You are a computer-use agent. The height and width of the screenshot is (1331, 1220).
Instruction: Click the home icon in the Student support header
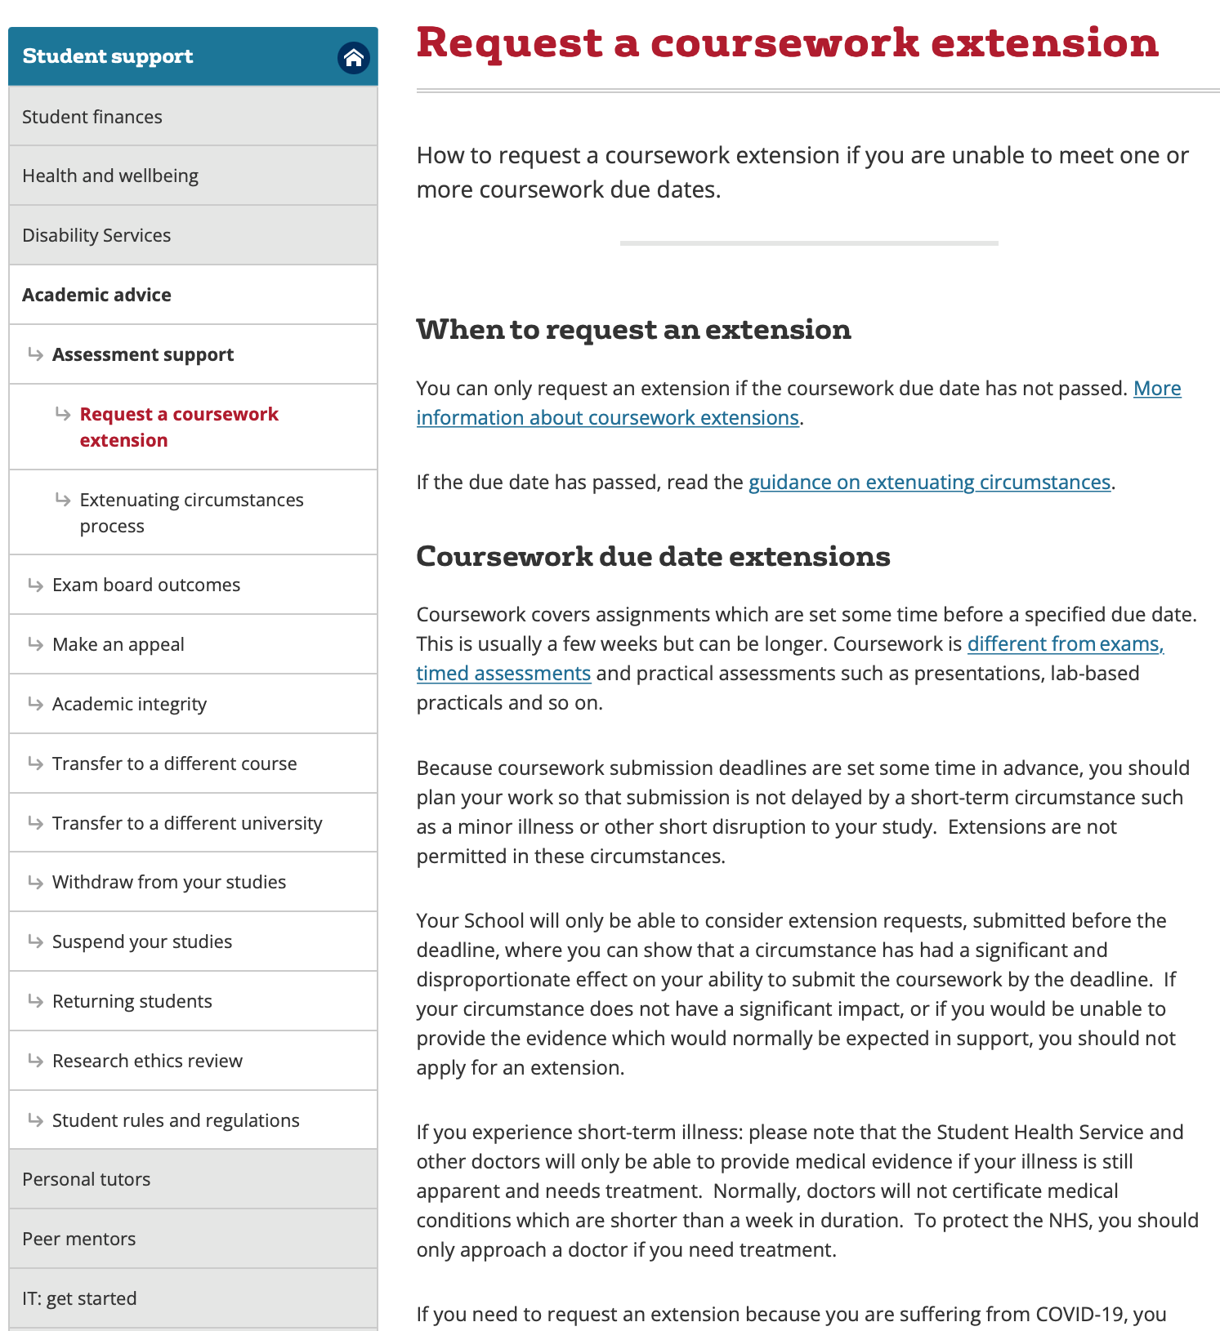(353, 58)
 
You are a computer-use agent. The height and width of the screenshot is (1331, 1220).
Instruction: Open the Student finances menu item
(92, 117)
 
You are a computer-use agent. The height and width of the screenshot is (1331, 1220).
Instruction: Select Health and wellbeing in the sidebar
(110, 176)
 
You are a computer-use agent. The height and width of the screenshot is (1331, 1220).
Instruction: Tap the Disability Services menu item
(96, 235)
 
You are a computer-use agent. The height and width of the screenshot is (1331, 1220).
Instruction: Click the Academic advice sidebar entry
(96, 295)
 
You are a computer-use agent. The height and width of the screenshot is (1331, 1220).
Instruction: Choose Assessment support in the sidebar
(143, 354)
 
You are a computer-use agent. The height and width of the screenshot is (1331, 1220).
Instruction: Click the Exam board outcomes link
(146, 585)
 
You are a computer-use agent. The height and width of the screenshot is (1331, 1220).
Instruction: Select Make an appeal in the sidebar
(118, 644)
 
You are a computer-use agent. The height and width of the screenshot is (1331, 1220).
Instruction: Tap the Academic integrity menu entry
(129, 704)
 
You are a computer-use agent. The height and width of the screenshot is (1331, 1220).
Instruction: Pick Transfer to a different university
(187, 823)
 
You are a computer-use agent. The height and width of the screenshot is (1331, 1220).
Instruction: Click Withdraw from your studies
(169, 882)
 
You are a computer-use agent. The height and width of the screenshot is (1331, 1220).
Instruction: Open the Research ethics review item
(147, 1061)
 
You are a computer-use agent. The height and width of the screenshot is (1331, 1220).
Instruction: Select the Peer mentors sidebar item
(79, 1239)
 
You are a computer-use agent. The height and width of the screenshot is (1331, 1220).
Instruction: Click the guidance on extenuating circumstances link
(929, 483)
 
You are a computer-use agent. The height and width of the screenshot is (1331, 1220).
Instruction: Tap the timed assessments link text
(503, 674)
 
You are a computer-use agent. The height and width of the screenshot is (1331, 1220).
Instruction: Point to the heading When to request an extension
(633, 329)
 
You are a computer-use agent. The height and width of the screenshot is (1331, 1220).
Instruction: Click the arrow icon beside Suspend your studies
(35, 941)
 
